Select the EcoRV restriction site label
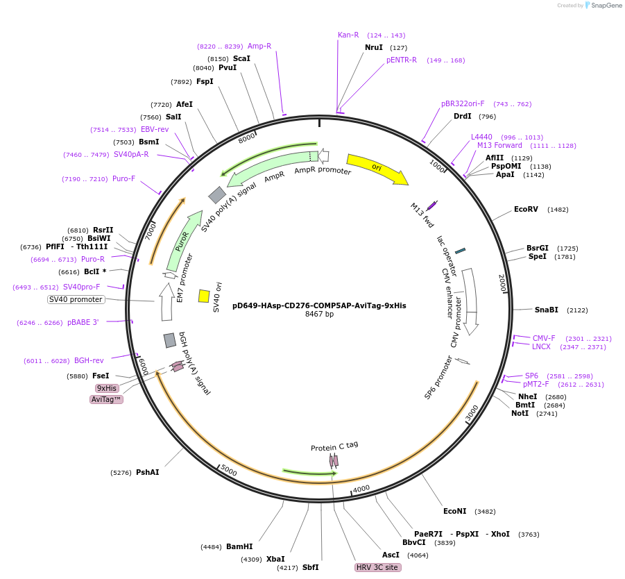point(526,209)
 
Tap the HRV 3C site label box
point(377,567)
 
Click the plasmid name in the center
point(319,305)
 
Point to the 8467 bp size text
point(319,314)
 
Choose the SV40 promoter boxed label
point(76,299)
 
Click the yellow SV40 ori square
point(204,296)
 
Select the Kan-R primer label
point(348,35)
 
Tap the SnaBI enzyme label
point(546,310)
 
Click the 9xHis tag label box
point(106,388)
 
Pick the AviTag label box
point(106,399)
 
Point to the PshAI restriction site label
point(147,472)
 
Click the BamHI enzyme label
point(239,546)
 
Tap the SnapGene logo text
point(605,6)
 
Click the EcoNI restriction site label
point(455,511)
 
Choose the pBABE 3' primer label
point(83,322)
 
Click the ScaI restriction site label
point(241,58)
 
